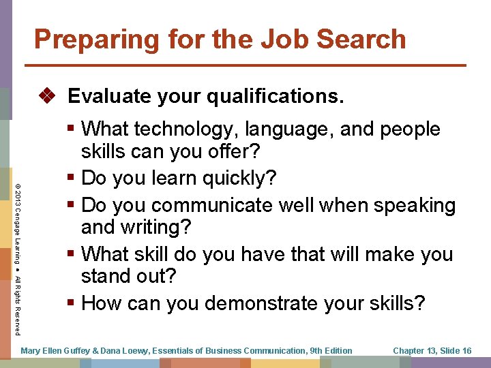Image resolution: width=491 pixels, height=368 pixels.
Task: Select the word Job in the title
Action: tap(269, 40)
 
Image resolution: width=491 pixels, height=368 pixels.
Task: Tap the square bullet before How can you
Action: tap(72, 303)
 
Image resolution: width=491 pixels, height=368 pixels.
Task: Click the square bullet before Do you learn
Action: tap(72, 179)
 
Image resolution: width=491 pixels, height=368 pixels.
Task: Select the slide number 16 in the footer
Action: tap(466, 351)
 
